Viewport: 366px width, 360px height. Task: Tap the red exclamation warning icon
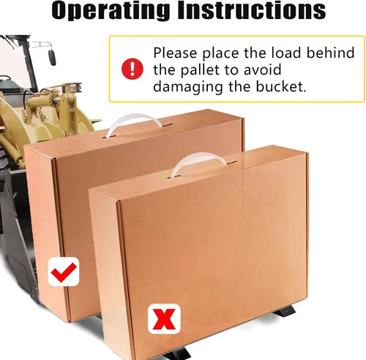(x=132, y=69)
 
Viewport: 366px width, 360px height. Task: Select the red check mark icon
(x=64, y=271)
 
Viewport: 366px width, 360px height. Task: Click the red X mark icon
(x=164, y=318)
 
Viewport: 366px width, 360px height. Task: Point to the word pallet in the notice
(x=200, y=70)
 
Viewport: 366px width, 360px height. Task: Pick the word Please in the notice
(x=175, y=53)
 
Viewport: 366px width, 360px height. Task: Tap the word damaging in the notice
(x=187, y=87)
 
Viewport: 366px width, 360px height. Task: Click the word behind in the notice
(x=330, y=53)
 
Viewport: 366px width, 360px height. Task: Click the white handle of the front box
(x=198, y=162)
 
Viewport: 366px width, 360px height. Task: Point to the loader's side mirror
(x=52, y=57)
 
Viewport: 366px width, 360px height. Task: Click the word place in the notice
(x=220, y=53)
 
